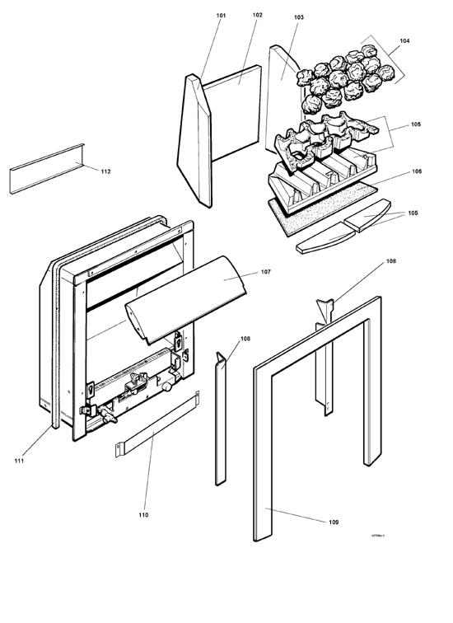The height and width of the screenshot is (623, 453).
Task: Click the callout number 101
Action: [x=221, y=16]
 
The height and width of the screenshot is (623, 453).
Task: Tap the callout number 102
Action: [x=258, y=16]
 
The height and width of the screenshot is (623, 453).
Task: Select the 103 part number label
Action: [x=297, y=17]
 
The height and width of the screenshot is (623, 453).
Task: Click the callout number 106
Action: [x=417, y=171]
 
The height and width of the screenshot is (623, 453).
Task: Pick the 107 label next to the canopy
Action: [x=265, y=271]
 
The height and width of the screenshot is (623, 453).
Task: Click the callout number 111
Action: [x=18, y=460]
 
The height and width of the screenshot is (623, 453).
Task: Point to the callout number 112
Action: [x=105, y=171]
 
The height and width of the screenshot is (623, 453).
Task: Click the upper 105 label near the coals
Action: [x=415, y=124]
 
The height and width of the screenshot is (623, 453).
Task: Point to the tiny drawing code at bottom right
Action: [x=378, y=535]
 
